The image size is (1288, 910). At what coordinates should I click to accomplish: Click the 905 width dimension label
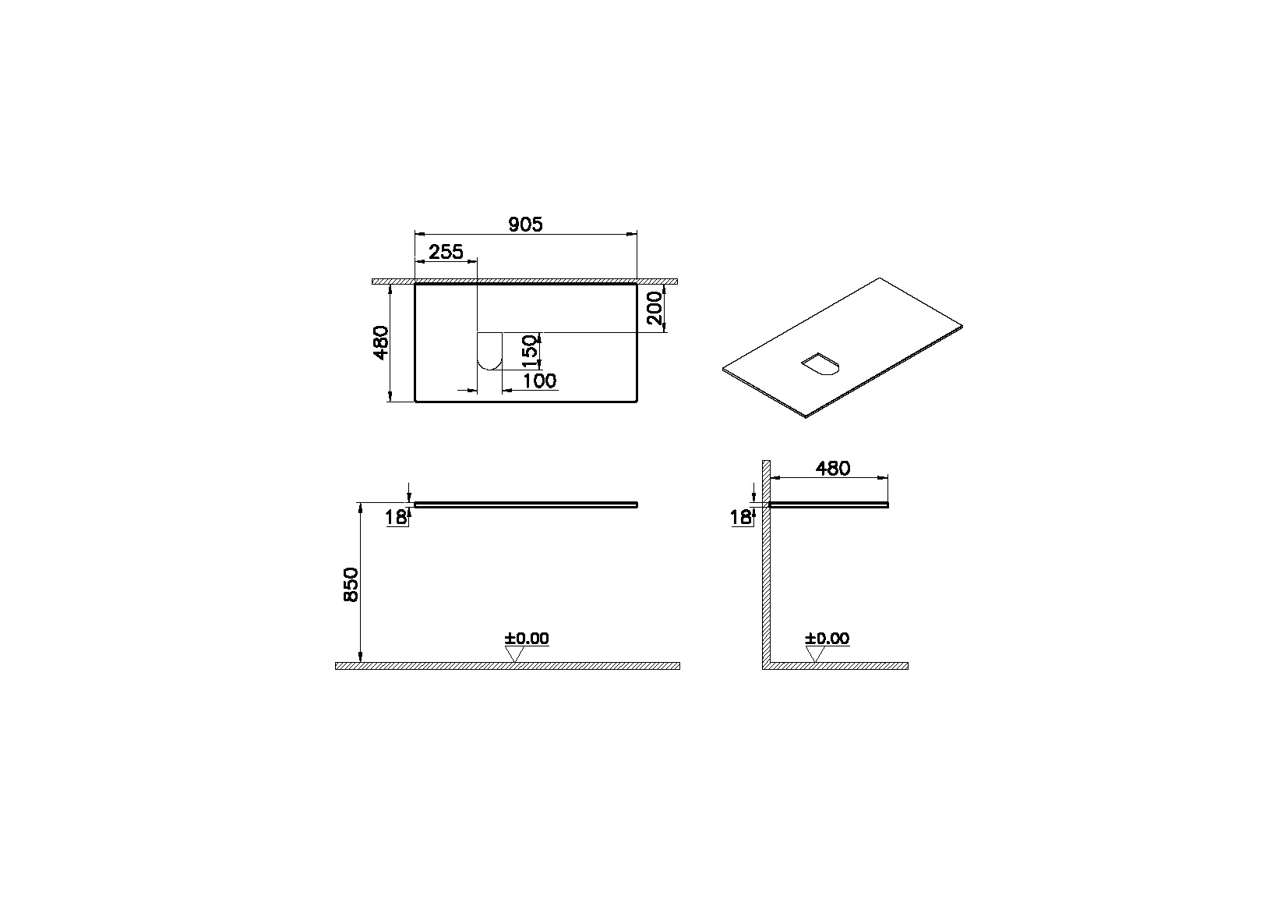click(x=525, y=225)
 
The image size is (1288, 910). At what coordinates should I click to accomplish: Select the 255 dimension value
click(x=446, y=252)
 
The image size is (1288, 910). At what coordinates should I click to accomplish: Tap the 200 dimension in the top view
click(x=655, y=309)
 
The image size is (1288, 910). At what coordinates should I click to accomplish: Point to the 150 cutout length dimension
click(x=529, y=352)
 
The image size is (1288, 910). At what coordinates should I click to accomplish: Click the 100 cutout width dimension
click(x=539, y=381)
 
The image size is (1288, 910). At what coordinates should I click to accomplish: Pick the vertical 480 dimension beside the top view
click(x=380, y=343)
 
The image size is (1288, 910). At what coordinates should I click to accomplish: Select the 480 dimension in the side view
click(x=832, y=469)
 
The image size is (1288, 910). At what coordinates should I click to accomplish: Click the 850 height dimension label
click(x=351, y=585)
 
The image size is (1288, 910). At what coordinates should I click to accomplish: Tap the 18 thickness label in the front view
click(x=397, y=516)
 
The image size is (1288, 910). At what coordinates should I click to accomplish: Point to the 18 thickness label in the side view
click(x=740, y=516)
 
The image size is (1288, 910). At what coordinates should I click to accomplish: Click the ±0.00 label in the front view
click(x=527, y=639)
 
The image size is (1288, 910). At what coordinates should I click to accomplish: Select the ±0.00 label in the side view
click(x=827, y=639)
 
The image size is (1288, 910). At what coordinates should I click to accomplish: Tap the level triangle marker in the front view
click(x=513, y=654)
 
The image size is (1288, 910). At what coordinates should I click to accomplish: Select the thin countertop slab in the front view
click(x=526, y=505)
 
